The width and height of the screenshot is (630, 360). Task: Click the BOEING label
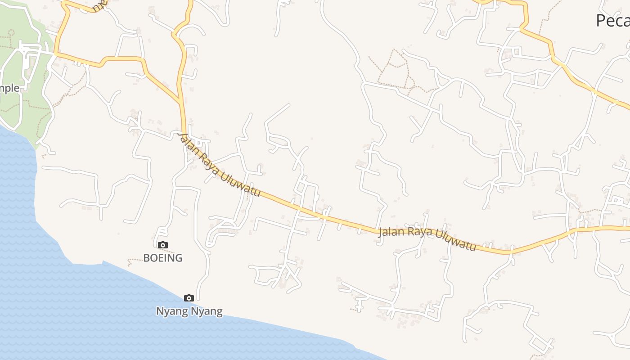pos(162,258)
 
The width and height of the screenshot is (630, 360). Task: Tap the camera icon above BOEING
pos(163,245)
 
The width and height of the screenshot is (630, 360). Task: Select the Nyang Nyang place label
pos(189,311)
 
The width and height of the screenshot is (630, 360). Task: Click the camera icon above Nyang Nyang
pos(189,298)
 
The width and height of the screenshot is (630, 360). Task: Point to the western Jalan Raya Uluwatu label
pos(219,165)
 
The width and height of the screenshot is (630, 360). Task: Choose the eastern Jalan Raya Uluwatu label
pos(427,238)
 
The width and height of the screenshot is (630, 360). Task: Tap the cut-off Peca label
pos(612,21)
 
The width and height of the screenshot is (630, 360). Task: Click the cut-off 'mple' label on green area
pos(10,88)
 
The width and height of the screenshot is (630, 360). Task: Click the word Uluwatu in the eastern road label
pos(458,243)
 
